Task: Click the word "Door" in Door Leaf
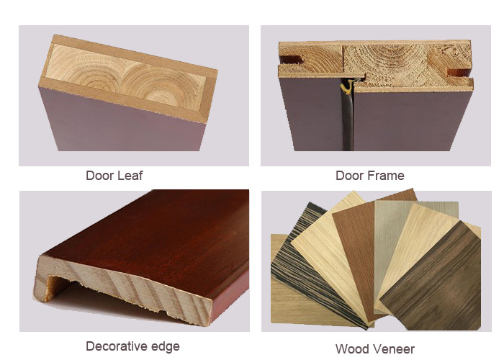coord(99,176)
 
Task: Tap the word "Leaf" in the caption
coord(130,176)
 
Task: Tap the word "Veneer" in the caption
coord(392,349)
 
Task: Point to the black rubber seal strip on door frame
coord(346,119)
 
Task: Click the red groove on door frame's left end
coord(291,60)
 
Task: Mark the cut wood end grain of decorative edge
coord(129,286)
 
